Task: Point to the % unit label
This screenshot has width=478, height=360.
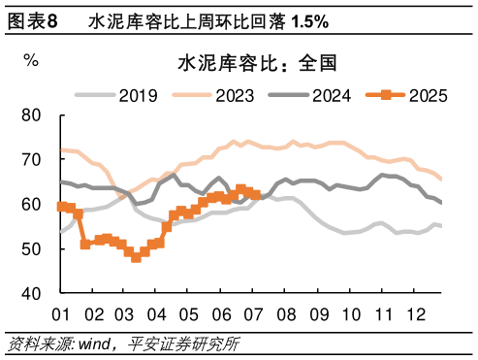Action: coord(32,60)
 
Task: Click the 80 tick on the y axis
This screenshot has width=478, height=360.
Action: coord(32,115)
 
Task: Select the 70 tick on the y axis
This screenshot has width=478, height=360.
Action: coord(32,159)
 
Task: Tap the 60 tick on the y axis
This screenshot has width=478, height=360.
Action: coord(32,204)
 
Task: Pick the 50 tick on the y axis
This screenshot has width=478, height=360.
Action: coord(32,248)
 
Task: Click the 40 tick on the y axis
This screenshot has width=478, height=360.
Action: coord(32,293)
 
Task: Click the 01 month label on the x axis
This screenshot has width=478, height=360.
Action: coord(61,314)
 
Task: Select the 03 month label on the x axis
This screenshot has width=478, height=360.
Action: coord(125,314)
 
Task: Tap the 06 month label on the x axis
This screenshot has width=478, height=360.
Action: coord(221,314)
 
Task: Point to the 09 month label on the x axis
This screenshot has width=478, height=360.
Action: coord(318,314)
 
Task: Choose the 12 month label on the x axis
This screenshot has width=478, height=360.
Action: coord(414,314)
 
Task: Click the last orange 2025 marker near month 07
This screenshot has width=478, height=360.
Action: coord(255,194)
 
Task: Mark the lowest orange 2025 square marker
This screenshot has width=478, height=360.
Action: coord(136,257)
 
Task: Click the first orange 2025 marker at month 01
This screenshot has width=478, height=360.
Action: coord(61,206)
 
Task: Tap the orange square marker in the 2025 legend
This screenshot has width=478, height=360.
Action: coord(385,94)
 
